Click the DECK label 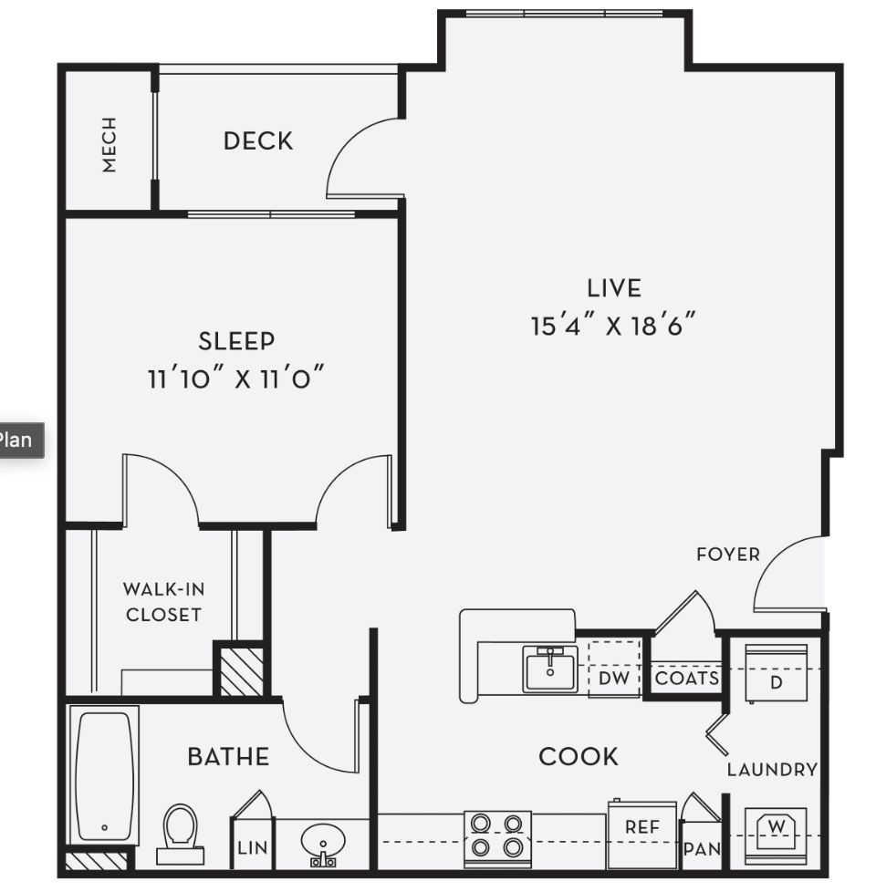click(x=258, y=141)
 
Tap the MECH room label click(x=109, y=144)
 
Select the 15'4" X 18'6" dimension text click(x=613, y=326)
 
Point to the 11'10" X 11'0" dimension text click(x=235, y=378)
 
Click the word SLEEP click(x=236, y=341)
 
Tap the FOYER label click(x=728, y=555)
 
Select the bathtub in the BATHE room click(x=105, y=776)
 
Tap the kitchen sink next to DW click(x=550, y=669)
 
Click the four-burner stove click(x=497, y=839)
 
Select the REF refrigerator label click(x=642, y=827)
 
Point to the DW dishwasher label click(x=614, y=678)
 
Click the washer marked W click(x=777, y=833)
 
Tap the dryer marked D click(x=777, y=674)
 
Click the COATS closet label click(x=687, y=678)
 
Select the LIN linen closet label click(x=252, y=847)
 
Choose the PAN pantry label click(x=702, y=849)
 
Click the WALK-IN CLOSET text click(x=164, y=602)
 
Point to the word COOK click(x=579, y=757)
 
